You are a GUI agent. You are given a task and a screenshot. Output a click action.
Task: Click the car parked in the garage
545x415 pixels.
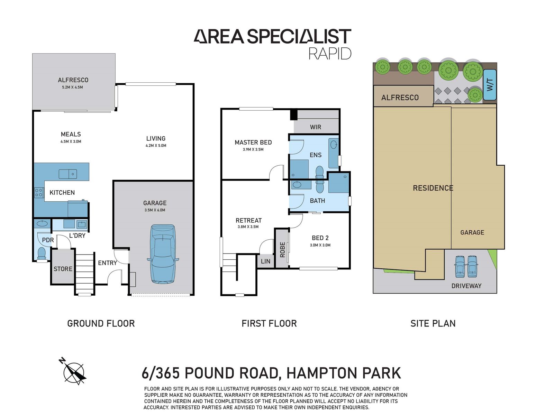pyautogui.click(x=163, y=254)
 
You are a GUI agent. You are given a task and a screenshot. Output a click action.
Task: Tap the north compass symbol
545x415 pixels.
pyautogui.click(x=73, y=372)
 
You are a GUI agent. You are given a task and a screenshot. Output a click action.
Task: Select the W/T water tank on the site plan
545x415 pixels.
pyautogui.click(x=489, y=85)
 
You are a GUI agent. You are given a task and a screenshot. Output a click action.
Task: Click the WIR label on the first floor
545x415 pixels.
pyautogui.click(x=315, y=127)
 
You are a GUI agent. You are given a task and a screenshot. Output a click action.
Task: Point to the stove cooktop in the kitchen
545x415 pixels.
pyautogui.click(x=39, y=192)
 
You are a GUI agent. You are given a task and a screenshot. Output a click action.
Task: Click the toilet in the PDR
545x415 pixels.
pyautogui.click(x=42, y=253)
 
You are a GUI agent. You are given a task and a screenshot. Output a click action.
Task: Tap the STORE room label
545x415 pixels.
pyautogui.click(x=63, y=269)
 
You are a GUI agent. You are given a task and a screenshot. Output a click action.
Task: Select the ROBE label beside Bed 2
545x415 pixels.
pyautogui.click(x=282, y=249)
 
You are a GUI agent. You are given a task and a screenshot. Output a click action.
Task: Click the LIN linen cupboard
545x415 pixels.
pyautogui.click(x=265, y=261)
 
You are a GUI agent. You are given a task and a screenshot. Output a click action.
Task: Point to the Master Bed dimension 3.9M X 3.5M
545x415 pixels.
pyautogui.click(x=253, y=149)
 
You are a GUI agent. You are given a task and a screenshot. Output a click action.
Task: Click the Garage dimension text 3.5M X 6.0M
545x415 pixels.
pyautogui.click(x=155, y=210)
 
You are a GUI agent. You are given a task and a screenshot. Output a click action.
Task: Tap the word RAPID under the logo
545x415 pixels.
pyautogui.click(x=330, y=54)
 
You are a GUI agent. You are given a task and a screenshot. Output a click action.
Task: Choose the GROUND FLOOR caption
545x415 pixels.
pyautogui.click(x=101, y=323)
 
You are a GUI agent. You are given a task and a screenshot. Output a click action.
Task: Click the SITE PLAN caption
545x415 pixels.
pyautogui.click(x=433, y=323)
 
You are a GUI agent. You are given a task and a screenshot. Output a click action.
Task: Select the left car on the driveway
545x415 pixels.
pyautogui.click(x=460, y=266)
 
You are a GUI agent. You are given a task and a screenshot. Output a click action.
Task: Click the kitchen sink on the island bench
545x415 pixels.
pyautogui.click(x=68, y=174)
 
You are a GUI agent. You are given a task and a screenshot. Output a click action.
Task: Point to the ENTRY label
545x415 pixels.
pyautogui.click(x=107, y=263)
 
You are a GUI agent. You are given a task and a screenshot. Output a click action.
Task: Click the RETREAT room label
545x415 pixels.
pyautogui.click(x=248, y=220)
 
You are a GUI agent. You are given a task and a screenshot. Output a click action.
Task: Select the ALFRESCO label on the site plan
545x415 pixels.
pyautogui.click(x=400, y=98)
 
